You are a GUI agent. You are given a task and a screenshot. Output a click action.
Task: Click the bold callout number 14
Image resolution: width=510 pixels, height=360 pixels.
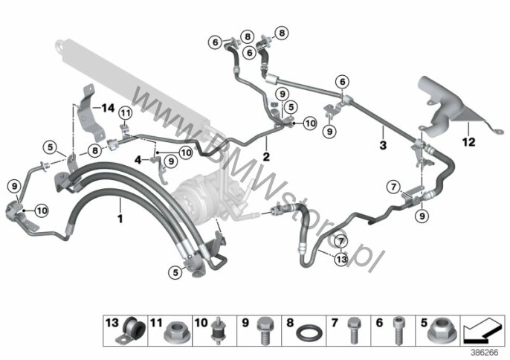coord(108,108)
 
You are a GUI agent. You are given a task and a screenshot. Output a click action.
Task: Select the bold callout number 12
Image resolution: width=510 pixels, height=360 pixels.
coord(468,142)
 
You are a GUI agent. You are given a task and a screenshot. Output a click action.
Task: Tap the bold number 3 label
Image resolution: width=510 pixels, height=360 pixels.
coord(383,145)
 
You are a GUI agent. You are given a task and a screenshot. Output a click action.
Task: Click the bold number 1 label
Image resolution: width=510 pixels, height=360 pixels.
coord(120,219)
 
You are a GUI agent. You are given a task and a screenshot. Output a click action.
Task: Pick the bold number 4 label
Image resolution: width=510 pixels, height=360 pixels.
coord(138,160)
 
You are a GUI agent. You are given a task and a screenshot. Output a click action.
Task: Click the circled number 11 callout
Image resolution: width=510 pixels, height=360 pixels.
coord(126,113)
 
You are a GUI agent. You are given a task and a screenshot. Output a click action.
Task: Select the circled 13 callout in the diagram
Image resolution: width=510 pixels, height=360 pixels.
coord(341,259)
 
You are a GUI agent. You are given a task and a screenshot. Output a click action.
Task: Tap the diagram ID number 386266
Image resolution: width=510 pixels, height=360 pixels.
coord(485,353)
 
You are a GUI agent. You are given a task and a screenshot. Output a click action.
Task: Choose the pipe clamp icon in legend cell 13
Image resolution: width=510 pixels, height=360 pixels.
coord(131,330)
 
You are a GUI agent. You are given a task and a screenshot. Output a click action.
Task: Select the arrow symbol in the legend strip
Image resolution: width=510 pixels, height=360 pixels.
coord(482,330)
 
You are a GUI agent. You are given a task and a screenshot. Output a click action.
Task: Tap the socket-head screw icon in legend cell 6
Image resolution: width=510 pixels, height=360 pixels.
coord(398,330)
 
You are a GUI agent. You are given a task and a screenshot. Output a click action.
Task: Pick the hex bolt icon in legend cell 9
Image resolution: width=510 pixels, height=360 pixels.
coord(264,330)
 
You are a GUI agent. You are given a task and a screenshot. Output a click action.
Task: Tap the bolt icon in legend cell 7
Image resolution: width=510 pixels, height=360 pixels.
coord(354,330)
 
